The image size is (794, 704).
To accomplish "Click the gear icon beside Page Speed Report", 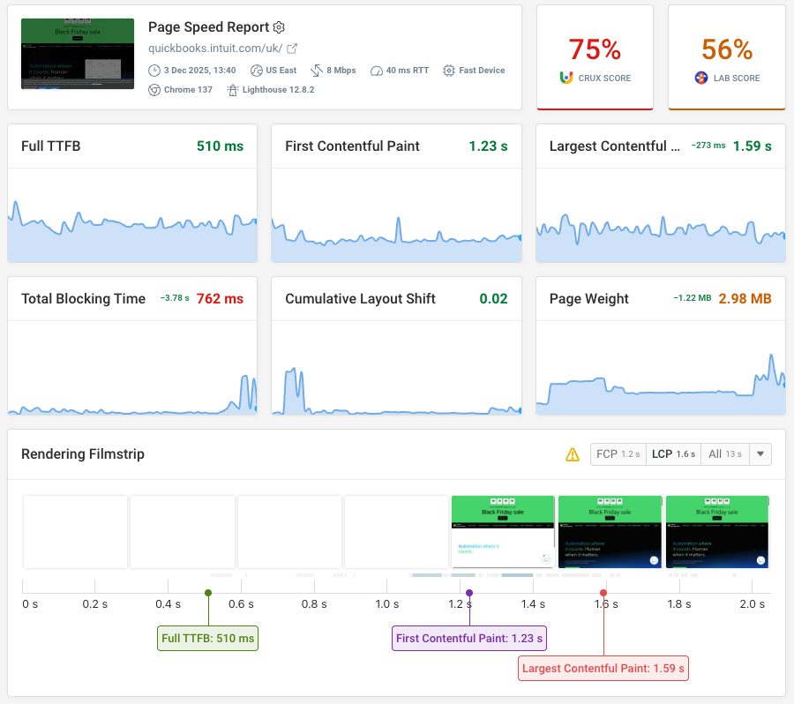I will click(279, 28).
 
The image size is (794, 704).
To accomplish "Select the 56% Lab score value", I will click(727, 49).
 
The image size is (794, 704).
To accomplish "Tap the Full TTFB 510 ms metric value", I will click(220, 146).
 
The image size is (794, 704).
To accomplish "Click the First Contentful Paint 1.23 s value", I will click(488, 146).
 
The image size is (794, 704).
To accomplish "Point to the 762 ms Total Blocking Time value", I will click(220, 299).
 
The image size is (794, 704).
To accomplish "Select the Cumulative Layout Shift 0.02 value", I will click(493, 299).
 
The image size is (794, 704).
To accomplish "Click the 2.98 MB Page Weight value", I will click(745, 299).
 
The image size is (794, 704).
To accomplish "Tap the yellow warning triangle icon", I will click(573, 455).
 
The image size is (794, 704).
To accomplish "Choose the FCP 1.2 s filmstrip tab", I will click(618, 454).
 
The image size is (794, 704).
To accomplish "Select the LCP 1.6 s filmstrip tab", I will click(674, 454).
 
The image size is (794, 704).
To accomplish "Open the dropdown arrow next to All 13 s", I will click(760, 454).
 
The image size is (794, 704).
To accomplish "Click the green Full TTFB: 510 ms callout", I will click(207, 639).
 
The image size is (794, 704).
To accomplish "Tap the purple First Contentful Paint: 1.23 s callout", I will click(468, 639).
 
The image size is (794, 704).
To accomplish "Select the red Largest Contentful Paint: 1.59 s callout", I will click(603, 669).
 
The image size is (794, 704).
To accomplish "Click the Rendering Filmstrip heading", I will click(83, 454).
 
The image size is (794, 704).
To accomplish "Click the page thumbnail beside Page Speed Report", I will click(78, 54).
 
